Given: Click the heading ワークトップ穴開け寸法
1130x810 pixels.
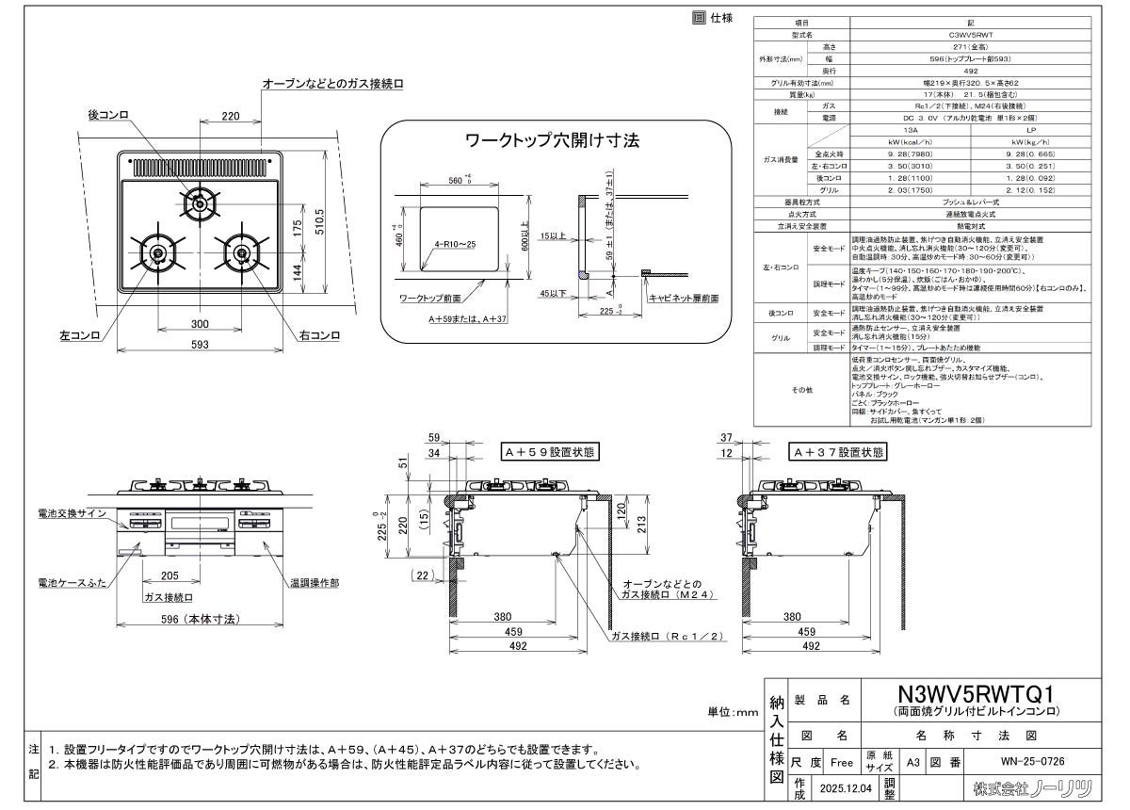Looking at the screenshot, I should point(554,141).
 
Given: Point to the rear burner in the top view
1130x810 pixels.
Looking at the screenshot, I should point(200,201).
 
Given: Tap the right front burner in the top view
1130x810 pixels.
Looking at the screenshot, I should point(242,252).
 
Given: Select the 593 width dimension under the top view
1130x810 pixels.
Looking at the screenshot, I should point(199,346).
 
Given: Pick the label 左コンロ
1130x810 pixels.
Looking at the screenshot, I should point(78,335).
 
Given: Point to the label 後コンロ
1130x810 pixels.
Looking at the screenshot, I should point(107,114).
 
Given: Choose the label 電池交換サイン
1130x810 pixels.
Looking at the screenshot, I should point(72,512).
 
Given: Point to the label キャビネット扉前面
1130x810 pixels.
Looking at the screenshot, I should point(684,298).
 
